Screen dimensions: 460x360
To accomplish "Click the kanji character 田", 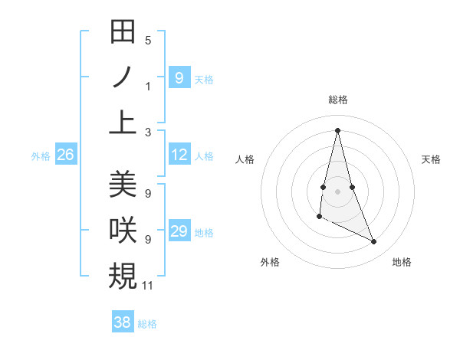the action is click(x=123, y=32).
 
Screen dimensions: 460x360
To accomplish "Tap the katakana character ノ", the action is click(x=123, y=77).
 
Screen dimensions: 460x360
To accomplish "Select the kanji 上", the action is click(x=123, y=122).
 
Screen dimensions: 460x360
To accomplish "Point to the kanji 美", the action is click(x=123, y=184).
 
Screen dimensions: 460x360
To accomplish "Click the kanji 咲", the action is click(x=123, y=229).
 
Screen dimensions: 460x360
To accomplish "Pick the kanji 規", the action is click(x=123, y=274).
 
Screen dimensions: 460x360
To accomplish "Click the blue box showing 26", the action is click(x=66, y=155).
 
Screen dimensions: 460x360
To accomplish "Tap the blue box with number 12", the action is click(x=179, y=155).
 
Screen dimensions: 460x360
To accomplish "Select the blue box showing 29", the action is click(x=179, y=232).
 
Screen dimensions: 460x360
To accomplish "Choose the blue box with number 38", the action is click(x=123, y=322).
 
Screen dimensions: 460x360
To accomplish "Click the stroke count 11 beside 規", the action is click(x=148, y=286).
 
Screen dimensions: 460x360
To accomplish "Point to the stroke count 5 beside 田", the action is click(x=148, y=41).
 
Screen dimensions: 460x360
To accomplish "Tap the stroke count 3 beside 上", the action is click(x=148, y=132).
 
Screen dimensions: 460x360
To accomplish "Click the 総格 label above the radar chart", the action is click(x=337, y=100).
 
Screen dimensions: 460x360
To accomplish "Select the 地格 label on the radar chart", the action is click(x=402, y=262).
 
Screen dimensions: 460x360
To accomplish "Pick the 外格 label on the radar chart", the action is click(x=270, y=262).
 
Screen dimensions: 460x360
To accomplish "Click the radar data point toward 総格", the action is click(x=337, y=129).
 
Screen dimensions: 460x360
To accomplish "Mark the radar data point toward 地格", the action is click(x=374, y=242).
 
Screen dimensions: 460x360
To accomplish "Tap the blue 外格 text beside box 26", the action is click(x=41, y=156).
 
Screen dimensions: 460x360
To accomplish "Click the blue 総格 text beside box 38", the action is click(x=147, y=323).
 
